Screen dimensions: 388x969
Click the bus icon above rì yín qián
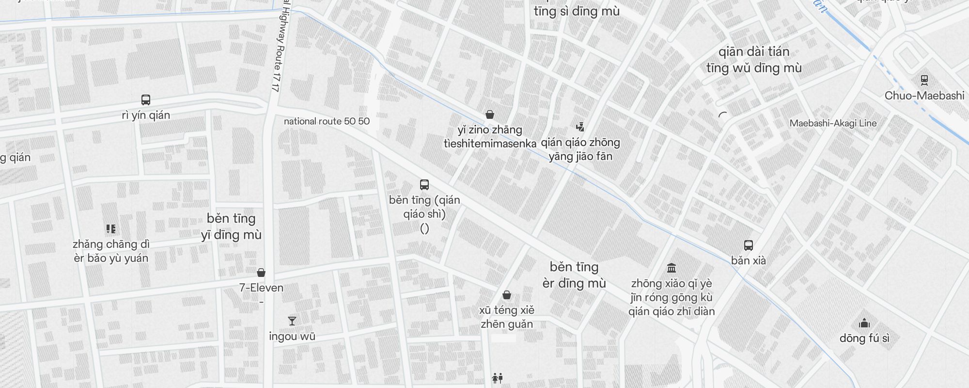(x=146, y=100)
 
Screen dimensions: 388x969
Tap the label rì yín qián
(x=146, y=115)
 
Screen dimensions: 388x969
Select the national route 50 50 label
(x=327, y=121)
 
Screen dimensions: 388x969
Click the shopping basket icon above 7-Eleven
(x=261, y=273)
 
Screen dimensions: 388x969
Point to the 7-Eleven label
(x=261, y=288)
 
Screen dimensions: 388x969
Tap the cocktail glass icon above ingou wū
(x=292, y=321)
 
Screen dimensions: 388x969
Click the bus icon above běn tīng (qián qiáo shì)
(x=424, y=185)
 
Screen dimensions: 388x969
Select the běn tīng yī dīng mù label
(x=231, y=226)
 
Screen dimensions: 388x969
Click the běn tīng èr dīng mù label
(x=574, y=275)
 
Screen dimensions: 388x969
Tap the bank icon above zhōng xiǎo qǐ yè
(x=672, y=268)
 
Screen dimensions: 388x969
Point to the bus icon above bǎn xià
(x=749, y=245)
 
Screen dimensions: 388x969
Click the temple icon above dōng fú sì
(x=864, y=323)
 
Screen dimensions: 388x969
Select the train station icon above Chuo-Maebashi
(x=924, y=81)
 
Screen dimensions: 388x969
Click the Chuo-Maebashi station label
(x=924, y=96)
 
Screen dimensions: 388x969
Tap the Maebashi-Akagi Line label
(x=833, y=123)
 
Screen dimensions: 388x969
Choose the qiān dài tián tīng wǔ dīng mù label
(x=754, y=60)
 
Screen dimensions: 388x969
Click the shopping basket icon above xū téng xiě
(x=507, y=295)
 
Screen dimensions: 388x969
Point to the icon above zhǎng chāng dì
(x=111, y=229)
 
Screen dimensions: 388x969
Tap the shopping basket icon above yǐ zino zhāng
(x=490, y=114)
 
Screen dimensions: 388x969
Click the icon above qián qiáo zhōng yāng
(x=580, y=128)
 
